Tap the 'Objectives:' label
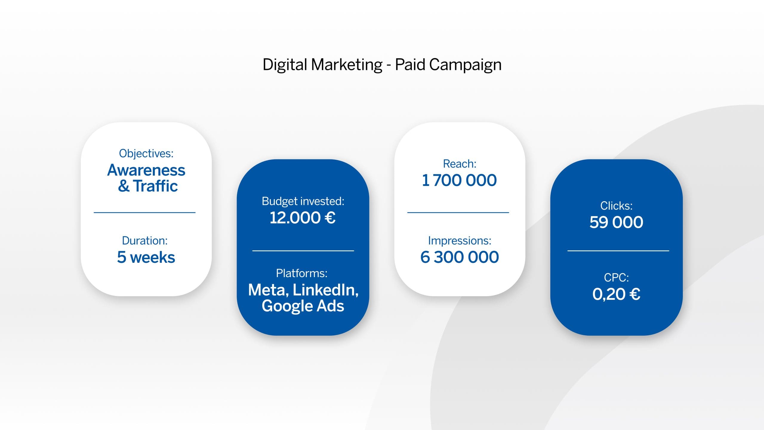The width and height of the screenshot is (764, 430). tap(146, 153)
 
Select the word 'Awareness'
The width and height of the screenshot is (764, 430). tap(146, 170)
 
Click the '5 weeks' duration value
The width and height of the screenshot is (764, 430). tap(146, 257)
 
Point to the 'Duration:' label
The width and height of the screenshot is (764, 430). tap(145, 241)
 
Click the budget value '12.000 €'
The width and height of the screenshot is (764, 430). tap(303, 217)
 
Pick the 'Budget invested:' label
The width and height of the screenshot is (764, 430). tap(303, 202)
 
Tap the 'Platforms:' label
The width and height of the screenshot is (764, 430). tap(302, 273)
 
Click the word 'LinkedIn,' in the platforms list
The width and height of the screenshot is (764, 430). tap(326, 290)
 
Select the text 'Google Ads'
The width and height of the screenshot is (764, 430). tap(303, 306)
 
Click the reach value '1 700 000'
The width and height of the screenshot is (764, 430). tap(459, 180)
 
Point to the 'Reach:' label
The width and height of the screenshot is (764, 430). tap(460, 164)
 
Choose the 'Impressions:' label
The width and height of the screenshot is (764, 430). tap(460, 241)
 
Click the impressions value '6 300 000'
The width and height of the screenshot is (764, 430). tap(460, 257)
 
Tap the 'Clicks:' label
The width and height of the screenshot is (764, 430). tap(617, 206)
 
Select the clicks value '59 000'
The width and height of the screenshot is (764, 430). tap(616, 222)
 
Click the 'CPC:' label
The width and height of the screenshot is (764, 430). tap(617, 278)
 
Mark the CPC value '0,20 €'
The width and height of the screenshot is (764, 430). tap(616, 294)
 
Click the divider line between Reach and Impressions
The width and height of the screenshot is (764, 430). tap(458, 213)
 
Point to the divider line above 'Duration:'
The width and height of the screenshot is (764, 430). tap(145, 213)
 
